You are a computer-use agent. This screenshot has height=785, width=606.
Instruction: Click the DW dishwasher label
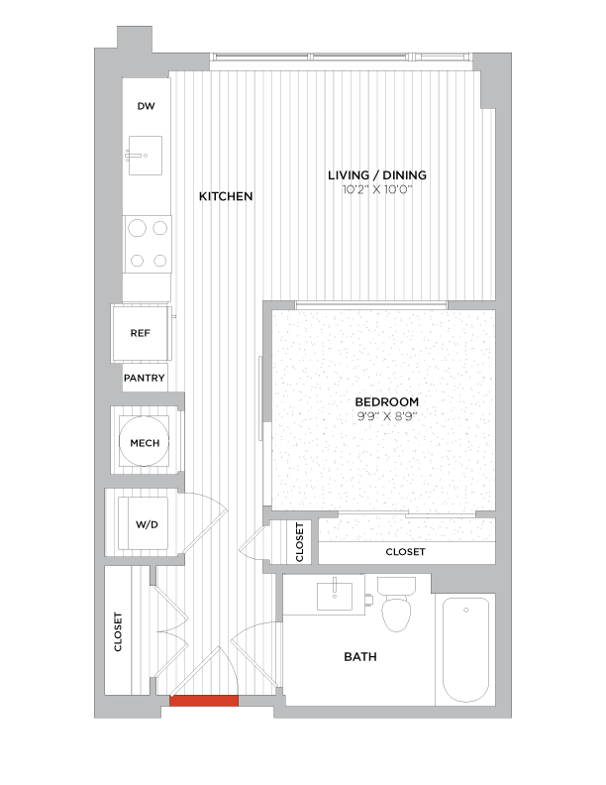point(146,107)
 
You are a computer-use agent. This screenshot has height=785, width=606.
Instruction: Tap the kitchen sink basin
point(146,155)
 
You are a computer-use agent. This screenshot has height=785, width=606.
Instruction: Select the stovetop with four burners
point(147,243)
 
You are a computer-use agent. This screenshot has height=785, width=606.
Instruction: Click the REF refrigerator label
point(140,333)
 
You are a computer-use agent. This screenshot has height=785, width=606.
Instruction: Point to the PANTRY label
point(144,379)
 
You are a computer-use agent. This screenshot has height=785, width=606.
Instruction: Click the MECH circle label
point(145,443)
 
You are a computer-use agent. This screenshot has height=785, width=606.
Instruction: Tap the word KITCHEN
point(226,196)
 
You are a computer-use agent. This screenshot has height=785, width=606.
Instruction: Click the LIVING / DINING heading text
point(377,175)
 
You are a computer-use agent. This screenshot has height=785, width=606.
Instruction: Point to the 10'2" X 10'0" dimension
point(377,188)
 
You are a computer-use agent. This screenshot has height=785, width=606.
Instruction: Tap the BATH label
point(359,656)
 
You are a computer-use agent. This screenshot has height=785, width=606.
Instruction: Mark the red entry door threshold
point(204,701)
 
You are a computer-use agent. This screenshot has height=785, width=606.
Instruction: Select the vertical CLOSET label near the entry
point(119,631)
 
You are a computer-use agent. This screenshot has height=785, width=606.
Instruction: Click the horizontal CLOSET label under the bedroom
point(405,551)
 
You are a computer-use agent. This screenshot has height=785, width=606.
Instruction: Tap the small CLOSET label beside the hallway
point(299,542)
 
